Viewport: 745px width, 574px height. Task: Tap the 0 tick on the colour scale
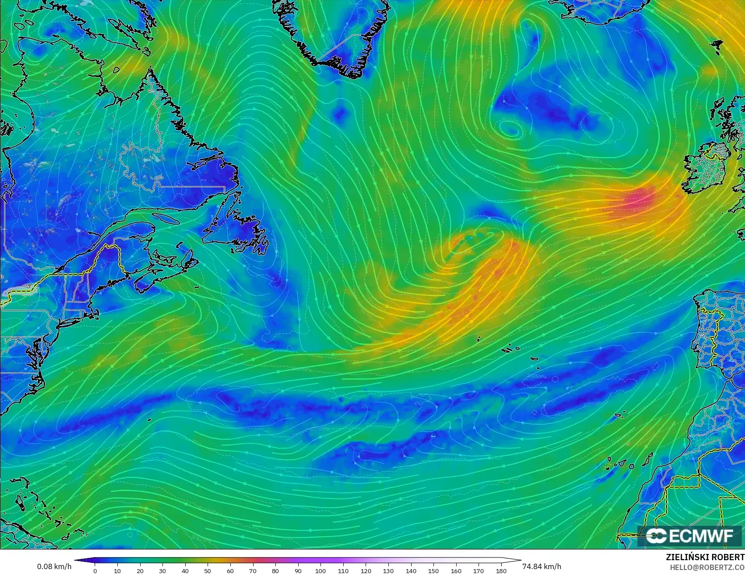click(x=95, y=570)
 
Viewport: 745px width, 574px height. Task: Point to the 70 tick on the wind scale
click(x=253, y=570)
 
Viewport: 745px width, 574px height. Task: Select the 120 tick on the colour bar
click(x=366, y=570)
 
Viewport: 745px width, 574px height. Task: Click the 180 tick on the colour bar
click(x=501, y=570)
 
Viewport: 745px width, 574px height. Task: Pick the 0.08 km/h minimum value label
click(x=54, y=566)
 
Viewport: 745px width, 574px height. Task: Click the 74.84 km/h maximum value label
click(x=541, y=566)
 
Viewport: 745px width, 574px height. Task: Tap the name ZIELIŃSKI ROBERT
click(x=705, y=557)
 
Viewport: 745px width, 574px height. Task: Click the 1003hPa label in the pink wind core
click(x=642, y=209)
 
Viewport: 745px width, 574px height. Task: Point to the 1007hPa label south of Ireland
click(x=620, y=224)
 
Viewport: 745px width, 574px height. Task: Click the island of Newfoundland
click(x=234, y=232)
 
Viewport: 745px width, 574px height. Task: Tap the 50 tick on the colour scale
click(x=208, y=570)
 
